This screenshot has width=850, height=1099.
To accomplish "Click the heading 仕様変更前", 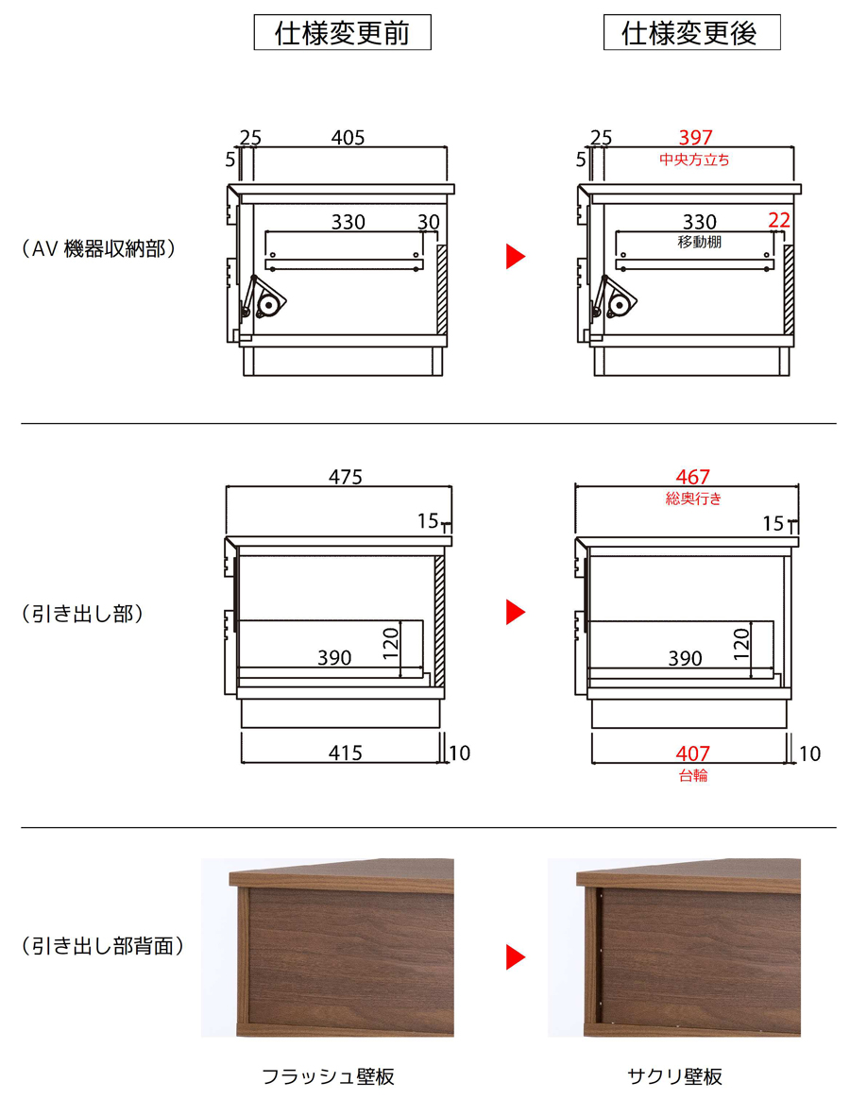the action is point(342,33).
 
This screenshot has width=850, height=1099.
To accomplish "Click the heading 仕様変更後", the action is point(690,33).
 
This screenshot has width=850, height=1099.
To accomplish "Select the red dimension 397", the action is point(695,138).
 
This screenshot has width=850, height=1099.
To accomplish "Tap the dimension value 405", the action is point(348,138).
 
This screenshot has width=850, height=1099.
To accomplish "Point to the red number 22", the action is point(779,221).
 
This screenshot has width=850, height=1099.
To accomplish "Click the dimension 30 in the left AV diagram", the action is point(429,222).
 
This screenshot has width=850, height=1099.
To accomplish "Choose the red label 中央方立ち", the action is point(694,160).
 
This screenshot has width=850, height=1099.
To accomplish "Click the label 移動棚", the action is point(699,242).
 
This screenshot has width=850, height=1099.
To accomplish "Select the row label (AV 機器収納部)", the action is point(98,249).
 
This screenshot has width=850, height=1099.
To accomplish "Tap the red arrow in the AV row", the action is point(516,257).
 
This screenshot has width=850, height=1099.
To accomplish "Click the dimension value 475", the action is point(346,478).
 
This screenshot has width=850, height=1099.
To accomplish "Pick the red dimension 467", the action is point(693,478).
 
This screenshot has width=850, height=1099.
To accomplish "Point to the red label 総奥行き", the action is point(693,499).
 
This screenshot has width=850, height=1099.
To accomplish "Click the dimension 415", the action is point(346,752).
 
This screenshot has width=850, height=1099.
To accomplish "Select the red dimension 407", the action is point(693,753).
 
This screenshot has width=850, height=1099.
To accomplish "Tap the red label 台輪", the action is point(693,775).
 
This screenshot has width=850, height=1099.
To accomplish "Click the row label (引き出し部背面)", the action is point(102,946).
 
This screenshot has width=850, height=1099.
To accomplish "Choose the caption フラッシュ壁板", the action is point(329,1076).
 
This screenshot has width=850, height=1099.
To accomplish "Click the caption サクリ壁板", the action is point(674,1076).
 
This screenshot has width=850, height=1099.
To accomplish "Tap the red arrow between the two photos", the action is point(516,957).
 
